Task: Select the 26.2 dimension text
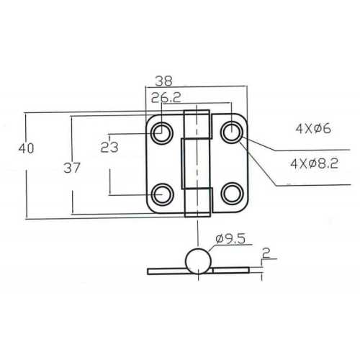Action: [x=166, y=97]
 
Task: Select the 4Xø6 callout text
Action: [x=312, y=130]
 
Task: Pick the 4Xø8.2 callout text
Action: [x=314, y=164]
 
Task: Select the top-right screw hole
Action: [x=231, y=132]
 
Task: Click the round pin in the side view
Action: [x=198, y=261]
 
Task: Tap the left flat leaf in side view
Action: [x=166, y=271]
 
